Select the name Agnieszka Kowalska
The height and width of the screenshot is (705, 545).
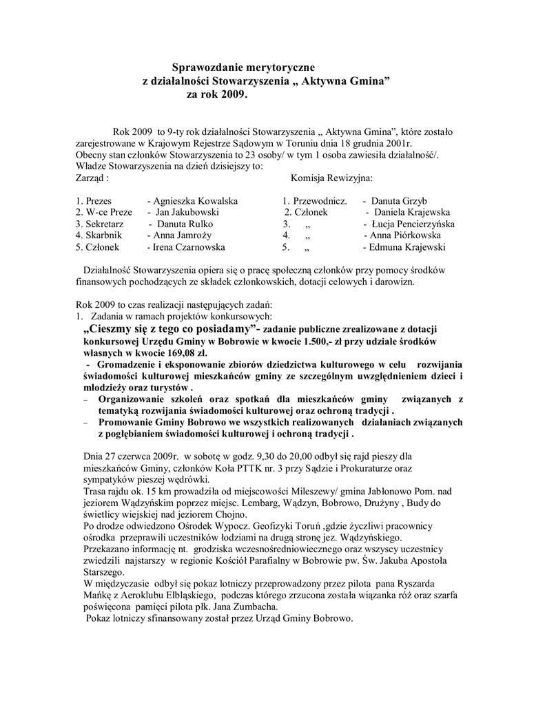196,201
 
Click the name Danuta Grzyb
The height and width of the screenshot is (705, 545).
400,201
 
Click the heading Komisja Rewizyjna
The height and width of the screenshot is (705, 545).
331,178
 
